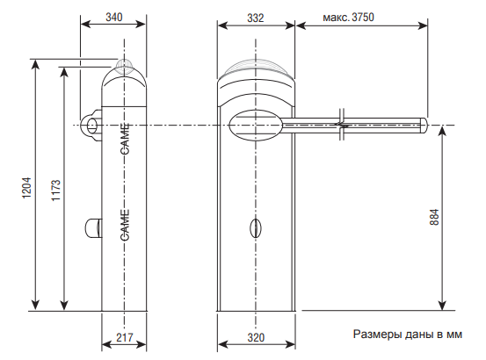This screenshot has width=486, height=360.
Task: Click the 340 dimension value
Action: click(x=113, y=17)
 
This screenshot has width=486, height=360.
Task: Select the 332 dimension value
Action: click(x=256, y=18)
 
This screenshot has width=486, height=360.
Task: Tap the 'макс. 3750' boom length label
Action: click(x=348, y=17)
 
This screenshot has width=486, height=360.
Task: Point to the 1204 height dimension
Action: click(x=26, y=188)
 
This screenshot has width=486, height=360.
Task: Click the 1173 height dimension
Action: click(x=55, y=190)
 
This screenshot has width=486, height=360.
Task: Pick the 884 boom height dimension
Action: click(x=434, y=217)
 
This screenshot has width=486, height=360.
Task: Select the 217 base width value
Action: click(x=124, y=337)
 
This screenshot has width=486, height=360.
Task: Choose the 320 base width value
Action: click(x=256, y=337)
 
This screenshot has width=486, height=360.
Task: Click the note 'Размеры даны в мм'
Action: click(x=407, y=335)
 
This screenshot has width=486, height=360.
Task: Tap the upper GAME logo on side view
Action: click(x=125, y=139)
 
